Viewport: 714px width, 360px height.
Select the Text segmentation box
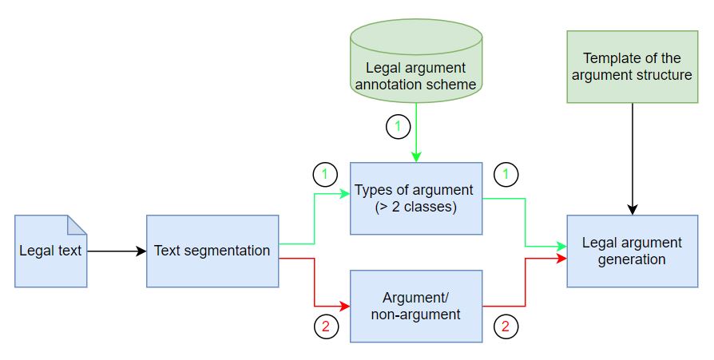212,251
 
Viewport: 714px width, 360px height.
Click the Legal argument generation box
632,251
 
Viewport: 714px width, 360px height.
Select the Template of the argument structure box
632,68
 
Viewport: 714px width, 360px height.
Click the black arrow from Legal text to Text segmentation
117,251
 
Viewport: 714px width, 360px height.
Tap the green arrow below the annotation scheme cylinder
416,136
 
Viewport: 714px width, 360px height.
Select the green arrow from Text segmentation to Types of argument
316,216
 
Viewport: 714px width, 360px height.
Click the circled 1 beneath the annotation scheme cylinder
397,126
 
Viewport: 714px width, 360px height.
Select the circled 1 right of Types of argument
506,174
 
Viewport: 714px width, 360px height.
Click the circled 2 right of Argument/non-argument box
506,326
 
